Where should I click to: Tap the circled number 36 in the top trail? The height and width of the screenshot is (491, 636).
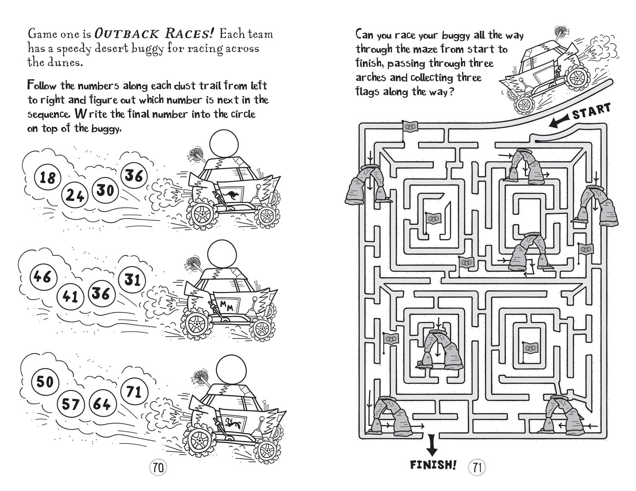(x=134, y=175)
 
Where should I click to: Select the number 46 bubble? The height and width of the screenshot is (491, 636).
(x=42, y=276)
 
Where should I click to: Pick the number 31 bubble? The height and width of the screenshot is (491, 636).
(x=132, y=279)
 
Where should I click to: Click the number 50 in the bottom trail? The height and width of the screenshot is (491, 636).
(x=45, y=382)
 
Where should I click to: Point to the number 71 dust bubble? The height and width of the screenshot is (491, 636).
(x=134, y=391)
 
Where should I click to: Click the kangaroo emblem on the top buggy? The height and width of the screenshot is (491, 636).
(x=232, y=195)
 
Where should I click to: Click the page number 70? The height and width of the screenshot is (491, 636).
(x=158, y=468)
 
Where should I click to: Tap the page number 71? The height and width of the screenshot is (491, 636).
(x=477, y=468)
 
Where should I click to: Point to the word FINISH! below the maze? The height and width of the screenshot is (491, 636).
(x=433, y=465)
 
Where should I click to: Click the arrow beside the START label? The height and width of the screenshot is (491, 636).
(x=559, y=122)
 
